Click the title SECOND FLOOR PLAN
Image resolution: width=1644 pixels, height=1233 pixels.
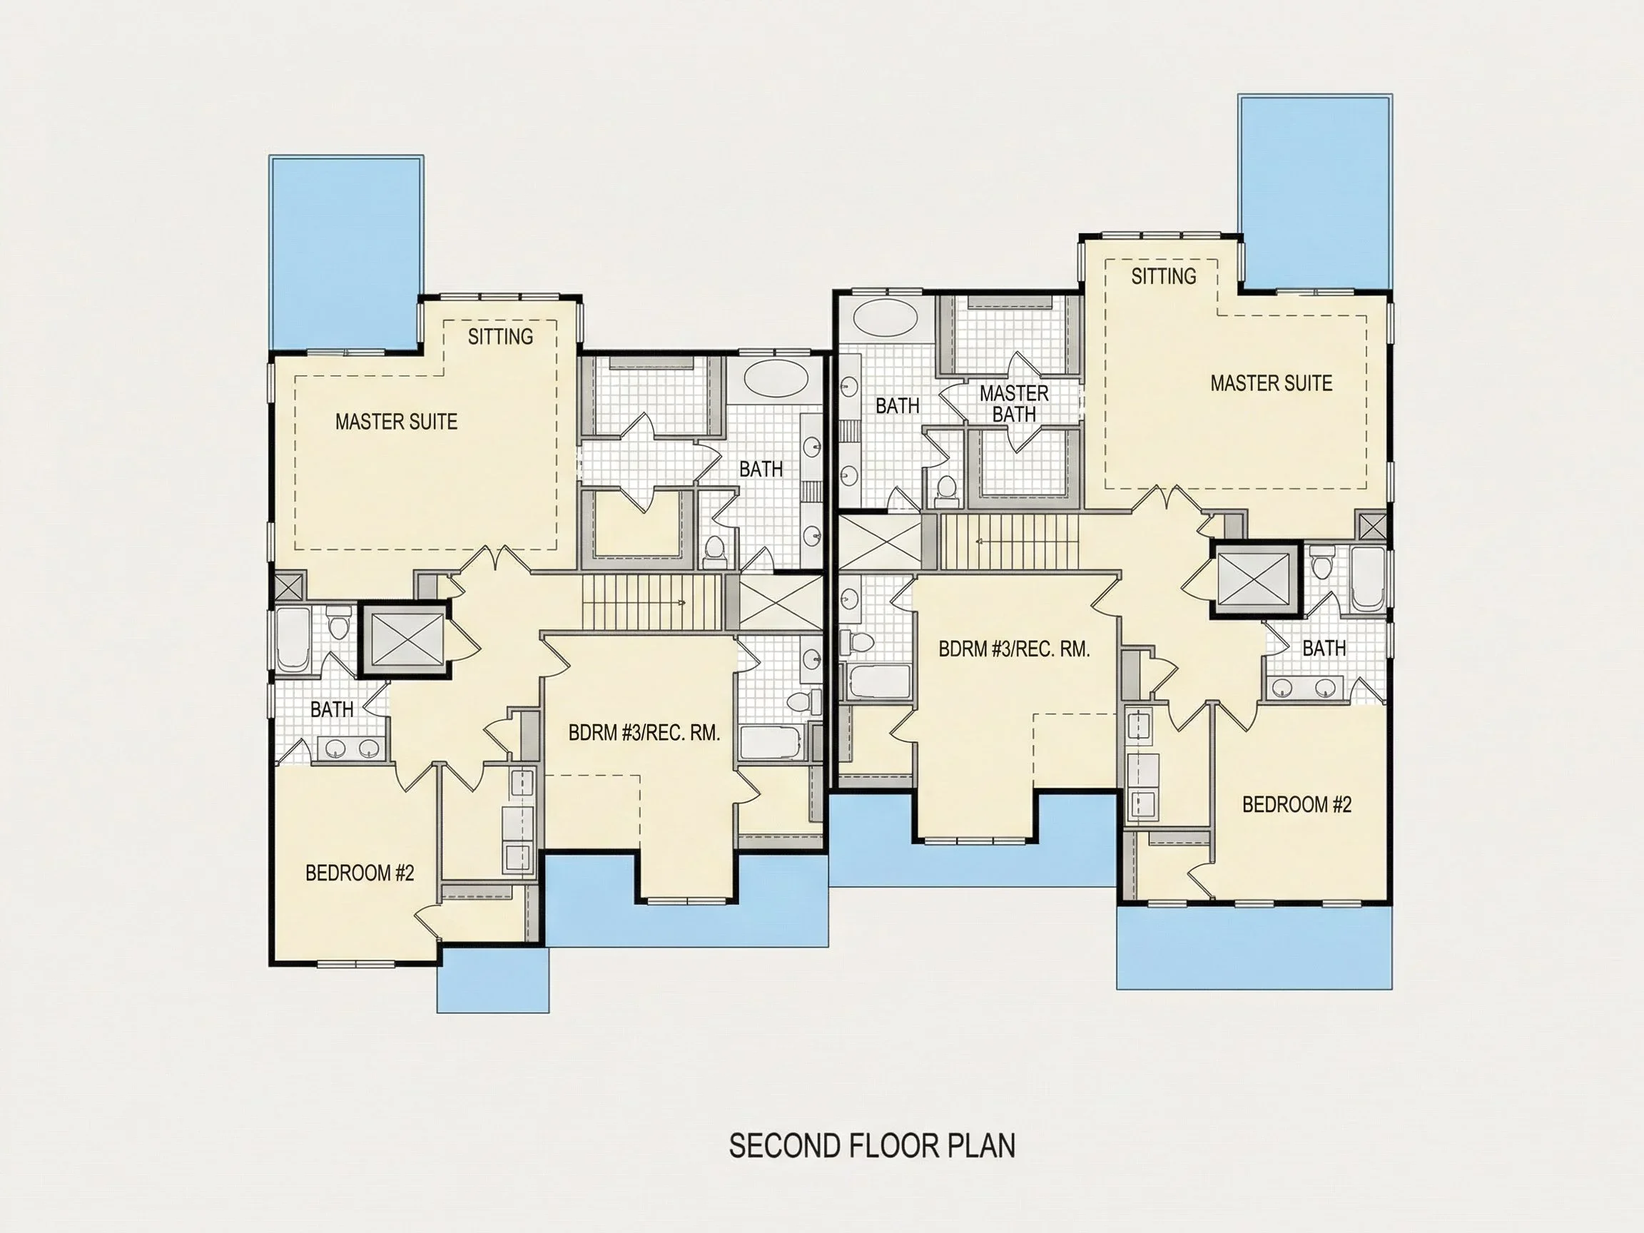[872, 1145]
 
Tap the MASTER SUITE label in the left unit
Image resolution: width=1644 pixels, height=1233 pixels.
[396, 422]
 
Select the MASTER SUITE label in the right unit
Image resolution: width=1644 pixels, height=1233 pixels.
[1271, 382]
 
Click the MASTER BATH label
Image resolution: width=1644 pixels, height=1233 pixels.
[1014, 404]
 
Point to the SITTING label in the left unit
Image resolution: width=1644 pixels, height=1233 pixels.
[500, 337]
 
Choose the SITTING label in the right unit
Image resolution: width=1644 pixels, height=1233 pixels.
[1164, 275]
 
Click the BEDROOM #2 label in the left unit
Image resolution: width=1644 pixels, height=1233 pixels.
[360, 873]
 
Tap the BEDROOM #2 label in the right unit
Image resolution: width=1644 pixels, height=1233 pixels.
[1297, 804]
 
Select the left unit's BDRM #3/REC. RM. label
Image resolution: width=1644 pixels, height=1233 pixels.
[644, 733]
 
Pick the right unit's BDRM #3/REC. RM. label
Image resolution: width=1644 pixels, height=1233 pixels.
[1014, 649]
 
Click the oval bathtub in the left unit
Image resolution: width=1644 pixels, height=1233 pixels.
[776, 379]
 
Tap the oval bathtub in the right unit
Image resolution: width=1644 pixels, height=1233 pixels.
[886, 318]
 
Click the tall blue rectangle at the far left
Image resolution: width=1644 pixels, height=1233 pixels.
[346, 252]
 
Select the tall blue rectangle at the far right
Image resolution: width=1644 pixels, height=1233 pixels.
[1315, 192]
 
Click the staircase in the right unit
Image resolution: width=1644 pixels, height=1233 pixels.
[1008, 541]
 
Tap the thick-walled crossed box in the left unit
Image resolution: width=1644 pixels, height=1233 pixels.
[405, 640]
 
